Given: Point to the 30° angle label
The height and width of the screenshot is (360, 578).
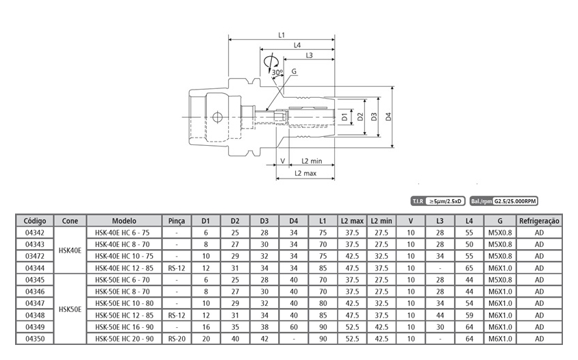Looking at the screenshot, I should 277,71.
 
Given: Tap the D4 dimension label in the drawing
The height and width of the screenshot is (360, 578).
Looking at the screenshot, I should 389,116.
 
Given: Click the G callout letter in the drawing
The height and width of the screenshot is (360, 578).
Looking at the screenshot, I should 294,71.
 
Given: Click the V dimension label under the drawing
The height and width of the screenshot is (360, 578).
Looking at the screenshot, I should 282,161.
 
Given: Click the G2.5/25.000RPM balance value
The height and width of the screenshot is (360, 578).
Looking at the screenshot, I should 516,201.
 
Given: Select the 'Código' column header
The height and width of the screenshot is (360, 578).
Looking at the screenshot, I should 35,221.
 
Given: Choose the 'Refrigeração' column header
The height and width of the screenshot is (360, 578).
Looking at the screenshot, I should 540,221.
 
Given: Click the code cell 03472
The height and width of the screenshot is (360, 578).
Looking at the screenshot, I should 35,256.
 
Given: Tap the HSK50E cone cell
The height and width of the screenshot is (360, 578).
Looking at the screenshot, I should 70,309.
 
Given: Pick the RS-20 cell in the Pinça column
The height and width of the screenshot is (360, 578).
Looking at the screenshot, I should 177,339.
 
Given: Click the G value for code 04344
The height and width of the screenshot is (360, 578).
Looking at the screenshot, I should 501,268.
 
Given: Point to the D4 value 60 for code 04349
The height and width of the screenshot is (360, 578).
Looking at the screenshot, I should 293,327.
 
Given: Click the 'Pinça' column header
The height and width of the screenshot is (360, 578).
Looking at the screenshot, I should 177,221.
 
